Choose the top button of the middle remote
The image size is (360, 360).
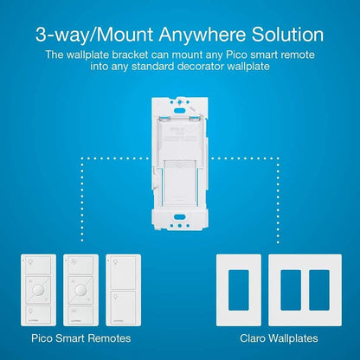82,261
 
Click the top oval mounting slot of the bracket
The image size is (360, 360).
179,98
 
